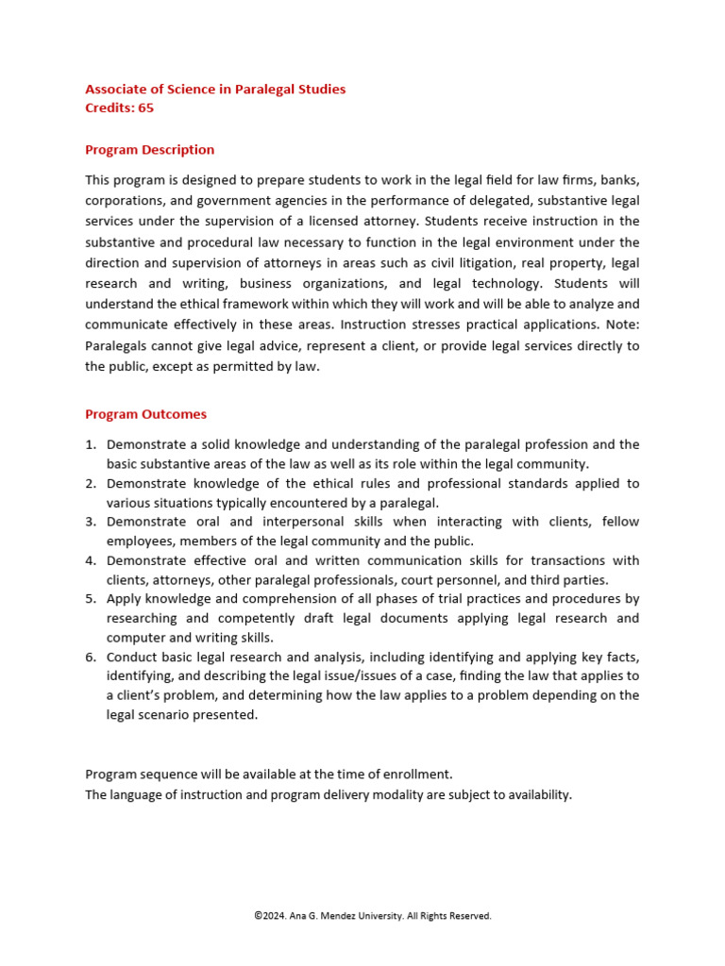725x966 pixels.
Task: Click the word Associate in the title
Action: [117, 90]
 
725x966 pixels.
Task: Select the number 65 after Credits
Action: [145, 108]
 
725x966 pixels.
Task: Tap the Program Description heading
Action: [149, 150]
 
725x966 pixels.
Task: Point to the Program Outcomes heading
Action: [145, 414]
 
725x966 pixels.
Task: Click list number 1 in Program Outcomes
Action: [91, 444]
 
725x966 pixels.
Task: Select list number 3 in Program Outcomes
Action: [91, 522]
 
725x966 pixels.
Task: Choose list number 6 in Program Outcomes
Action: [91, 657]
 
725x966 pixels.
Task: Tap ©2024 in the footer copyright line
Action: [272, 916]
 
